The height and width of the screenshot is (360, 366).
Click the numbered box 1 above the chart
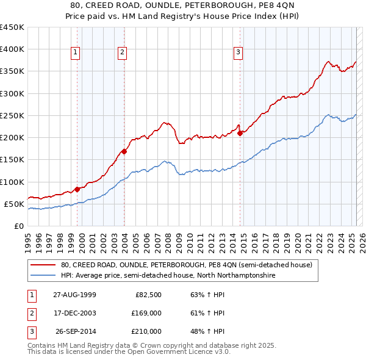pos(76,52)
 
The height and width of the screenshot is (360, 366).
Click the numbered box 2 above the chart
pos(122,52)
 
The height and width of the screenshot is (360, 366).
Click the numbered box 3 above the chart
pos(238,52)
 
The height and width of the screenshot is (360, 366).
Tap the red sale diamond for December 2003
pos(124,151)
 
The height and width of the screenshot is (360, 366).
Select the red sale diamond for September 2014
pos(240,133)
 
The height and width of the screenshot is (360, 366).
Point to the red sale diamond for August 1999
pos(77,189)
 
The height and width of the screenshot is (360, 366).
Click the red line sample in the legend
pos(43,265)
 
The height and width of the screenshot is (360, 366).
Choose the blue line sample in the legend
pos(43,276)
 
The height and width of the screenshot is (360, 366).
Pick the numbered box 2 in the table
pos(30,313)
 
